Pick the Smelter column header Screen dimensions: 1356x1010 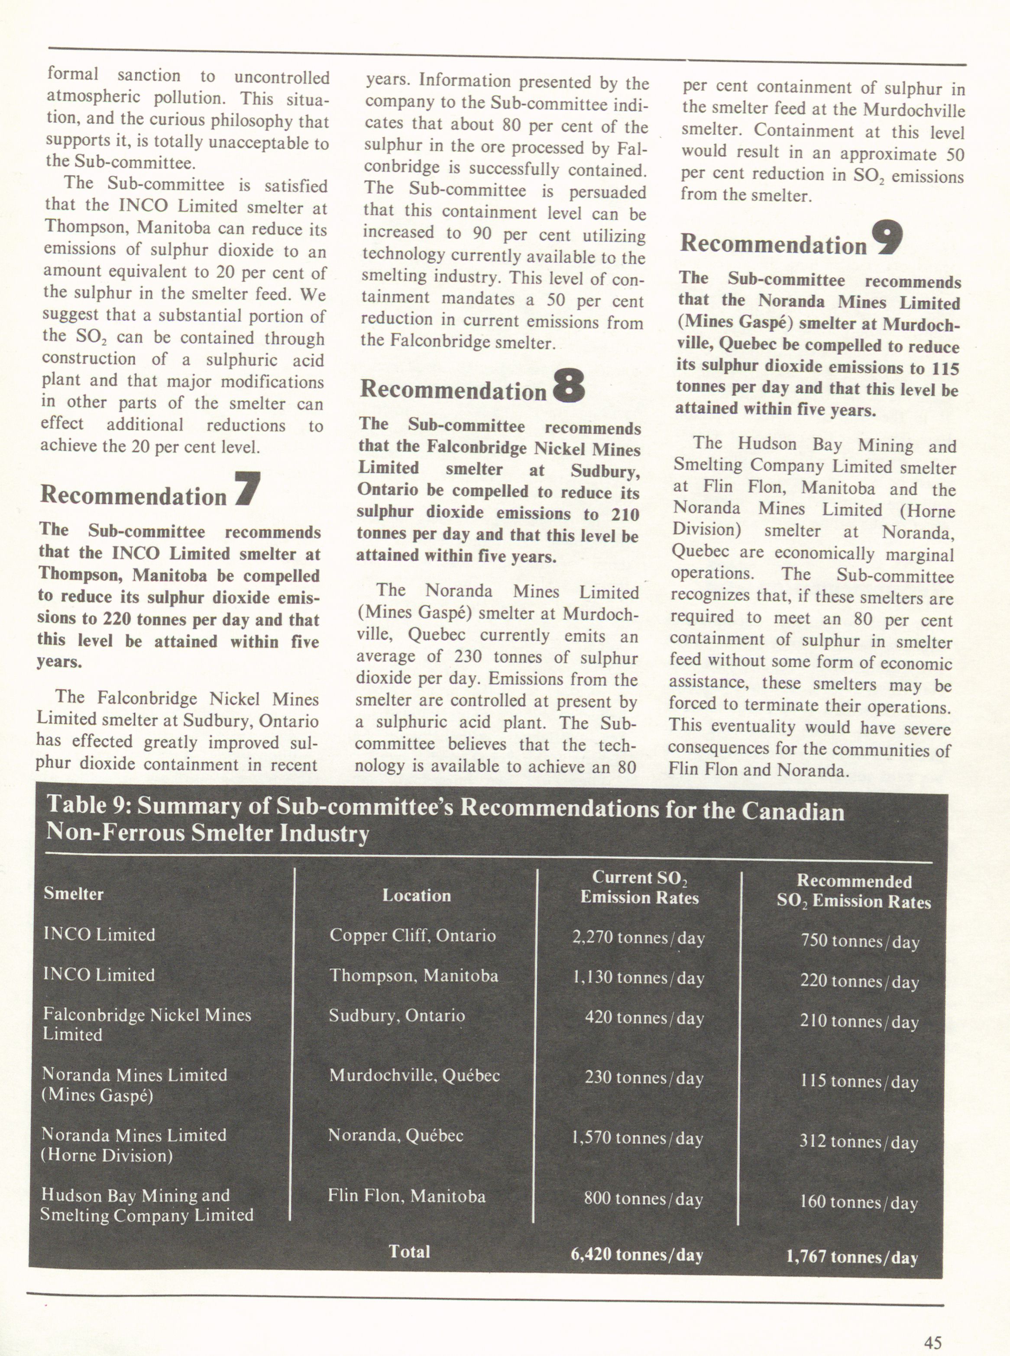[73, 894]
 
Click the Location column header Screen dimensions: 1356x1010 [416, 896]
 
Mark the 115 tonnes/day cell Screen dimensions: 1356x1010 [859, 1081]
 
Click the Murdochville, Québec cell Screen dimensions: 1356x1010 [414, 1075]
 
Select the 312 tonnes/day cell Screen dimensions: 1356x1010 [858, 1142]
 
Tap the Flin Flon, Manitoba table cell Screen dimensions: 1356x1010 [407, 1195]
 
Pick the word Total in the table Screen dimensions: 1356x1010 [409, 1252]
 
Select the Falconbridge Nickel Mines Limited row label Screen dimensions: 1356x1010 [147, 1024]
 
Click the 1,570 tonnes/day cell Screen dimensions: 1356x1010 [637, 1138]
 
